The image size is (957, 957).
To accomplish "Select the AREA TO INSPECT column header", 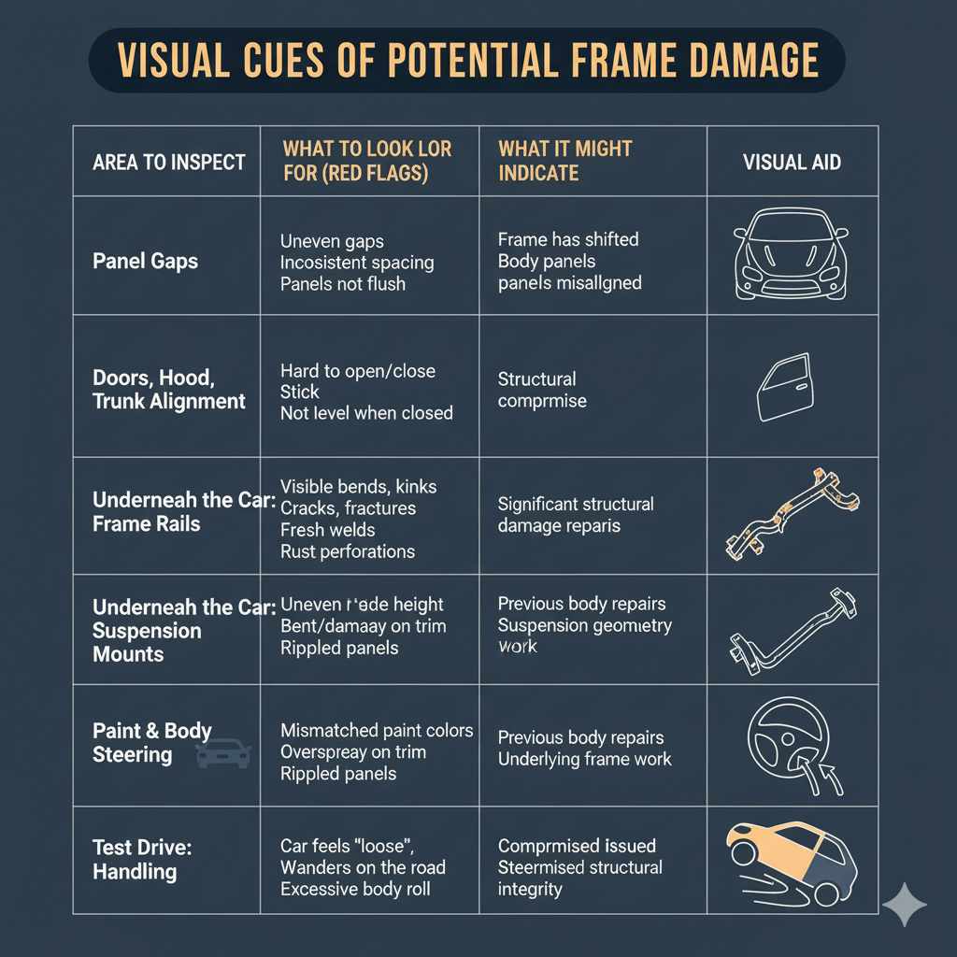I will click(168, 162).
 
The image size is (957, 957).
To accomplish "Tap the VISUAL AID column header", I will click(792, 162).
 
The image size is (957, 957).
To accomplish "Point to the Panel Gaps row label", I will click(145, 261).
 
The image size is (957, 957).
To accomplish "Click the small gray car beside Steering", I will click(222, 753).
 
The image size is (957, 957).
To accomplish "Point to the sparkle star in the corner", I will click(904, 904).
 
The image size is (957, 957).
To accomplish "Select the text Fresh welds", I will click(328, 530).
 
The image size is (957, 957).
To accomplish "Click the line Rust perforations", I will click(348, 551).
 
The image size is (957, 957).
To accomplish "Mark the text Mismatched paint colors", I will click(377, 730).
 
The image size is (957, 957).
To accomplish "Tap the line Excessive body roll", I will click(355, 889).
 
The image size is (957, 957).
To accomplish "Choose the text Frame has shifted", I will click(568, 239).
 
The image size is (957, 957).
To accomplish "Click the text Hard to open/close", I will click(358, 370).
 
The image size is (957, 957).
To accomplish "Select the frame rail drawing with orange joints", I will click(791, 515).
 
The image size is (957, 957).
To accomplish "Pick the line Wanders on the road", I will click(363, 867).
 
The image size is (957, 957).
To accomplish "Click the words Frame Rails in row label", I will click(146, 523).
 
